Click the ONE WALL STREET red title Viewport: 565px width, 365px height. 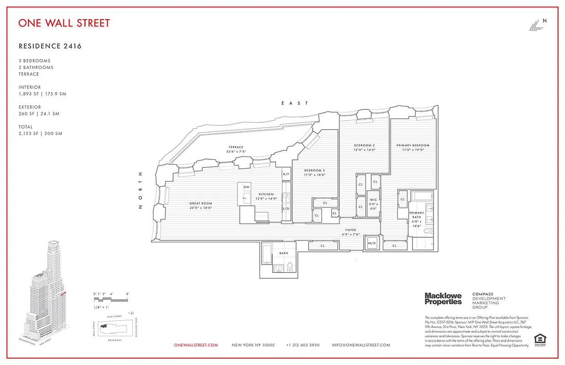coord(64,23)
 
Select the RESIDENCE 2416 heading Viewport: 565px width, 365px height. coord(50,46)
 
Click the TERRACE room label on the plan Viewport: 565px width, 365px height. coord(236,147)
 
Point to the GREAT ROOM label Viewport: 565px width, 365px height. coord(201,203)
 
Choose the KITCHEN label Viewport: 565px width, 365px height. coord(266,194)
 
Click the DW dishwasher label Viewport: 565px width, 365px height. coord(246,187)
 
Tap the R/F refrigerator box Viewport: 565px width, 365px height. coord(286,174)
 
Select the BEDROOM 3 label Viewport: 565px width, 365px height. coord(315,170)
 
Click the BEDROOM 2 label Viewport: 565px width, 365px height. coord(364,146)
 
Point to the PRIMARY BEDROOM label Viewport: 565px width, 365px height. coord(413,146)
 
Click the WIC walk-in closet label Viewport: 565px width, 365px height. coord(373,200)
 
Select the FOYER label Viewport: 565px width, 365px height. coord(351,230)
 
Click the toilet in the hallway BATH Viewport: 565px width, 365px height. coord(290,267)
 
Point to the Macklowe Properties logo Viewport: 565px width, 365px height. coord(443,299)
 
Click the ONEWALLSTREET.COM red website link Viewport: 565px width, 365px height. coord(196,345)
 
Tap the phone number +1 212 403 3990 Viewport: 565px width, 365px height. coord(303,345)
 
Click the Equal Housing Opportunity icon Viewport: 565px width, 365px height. coord(539,339)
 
